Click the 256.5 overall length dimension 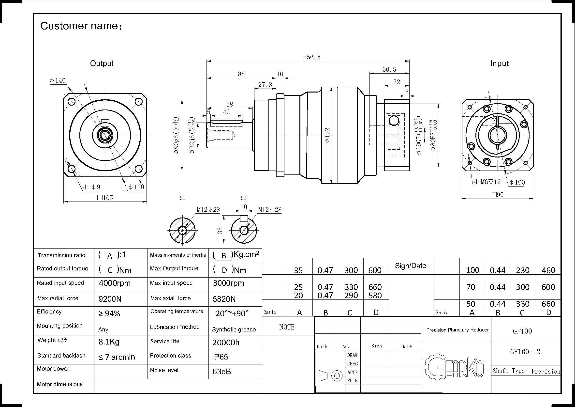tap(311, 57)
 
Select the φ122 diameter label tap(327, 135)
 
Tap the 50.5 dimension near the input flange tap(389, 69)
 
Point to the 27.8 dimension tap(265, 85)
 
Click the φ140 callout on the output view tap(58, 80)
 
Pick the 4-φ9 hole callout tap(92, 187)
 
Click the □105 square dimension tap(105, 198)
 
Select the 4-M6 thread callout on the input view tap(487, 182)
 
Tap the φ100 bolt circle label tap(517, 182)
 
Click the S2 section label tap(243, 198)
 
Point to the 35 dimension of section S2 tap(220, 230)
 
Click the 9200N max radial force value tap(110, 299)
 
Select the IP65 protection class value tap(220, 357)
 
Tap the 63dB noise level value tap(221, 371)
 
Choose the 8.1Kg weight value tap(109, 342)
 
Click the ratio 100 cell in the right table tap(472, 270)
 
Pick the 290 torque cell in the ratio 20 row tap(351, 296)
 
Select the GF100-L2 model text tap(525, 352)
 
